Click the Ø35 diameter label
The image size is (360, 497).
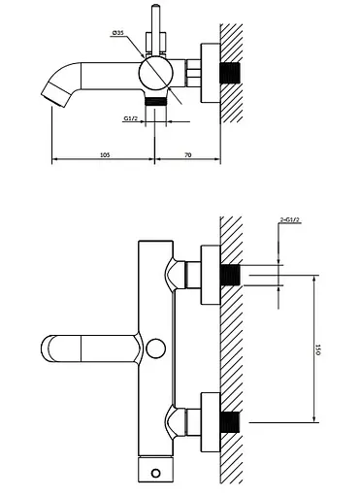point(117,33)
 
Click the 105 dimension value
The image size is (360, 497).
point(105,155)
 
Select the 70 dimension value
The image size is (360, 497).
point(188,155)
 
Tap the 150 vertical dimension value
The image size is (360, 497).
point(317,349)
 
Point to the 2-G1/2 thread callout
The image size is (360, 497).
point(290,220)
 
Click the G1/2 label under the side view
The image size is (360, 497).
point(130,118)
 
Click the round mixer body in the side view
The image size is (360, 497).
point(155,73)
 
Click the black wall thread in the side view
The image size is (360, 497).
point(230,73)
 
